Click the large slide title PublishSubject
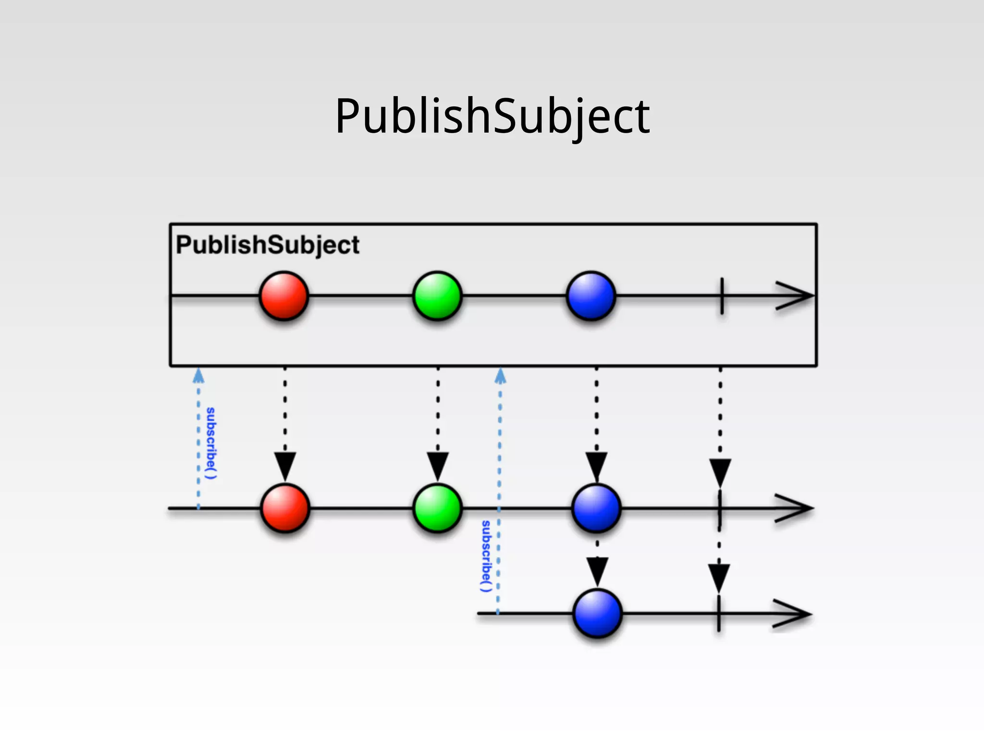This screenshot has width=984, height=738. pyautogui.click(x=492, y=116)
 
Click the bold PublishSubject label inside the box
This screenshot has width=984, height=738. pyautogui.click(x=267, y=245)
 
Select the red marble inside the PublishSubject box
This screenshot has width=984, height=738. pyautogui.click(x=283, y=296)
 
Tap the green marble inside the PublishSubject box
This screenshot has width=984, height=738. pyautogui.click(x=437, y=296)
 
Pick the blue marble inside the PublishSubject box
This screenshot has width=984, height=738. pyautogui.click(x=591, y=296)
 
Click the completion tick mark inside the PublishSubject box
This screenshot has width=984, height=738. pyautogui.click(x=722, y=296)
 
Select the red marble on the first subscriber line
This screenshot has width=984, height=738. pyautogui.click(x=285, y=508)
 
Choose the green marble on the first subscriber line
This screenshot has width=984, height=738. pyautogui.click(x=437, y=508)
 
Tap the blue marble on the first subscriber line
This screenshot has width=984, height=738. pyautogui.click(x=596, y=508)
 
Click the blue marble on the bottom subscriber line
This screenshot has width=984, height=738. pyautogui.click(x=597, y=614)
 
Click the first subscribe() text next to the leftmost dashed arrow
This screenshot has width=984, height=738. pyautogui.click(x=211, y=443)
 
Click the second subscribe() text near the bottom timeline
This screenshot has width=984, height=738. pyautogui.click(x=486, y=556)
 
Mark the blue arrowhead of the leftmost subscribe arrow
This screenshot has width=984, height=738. pyautogui.click(x=198, y=376)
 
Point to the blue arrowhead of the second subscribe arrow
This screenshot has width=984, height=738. pyautogui.click(x=500, y=376)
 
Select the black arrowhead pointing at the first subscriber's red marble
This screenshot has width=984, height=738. pyautogui.click(x=285, y=465)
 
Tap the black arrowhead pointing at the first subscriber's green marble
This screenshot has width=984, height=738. pyautogui.click(x=437, y=465)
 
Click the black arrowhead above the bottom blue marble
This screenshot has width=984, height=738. pyautogui.click(x=597, y=570)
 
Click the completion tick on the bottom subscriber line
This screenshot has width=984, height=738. pyautogui.click(x=719, y=614)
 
